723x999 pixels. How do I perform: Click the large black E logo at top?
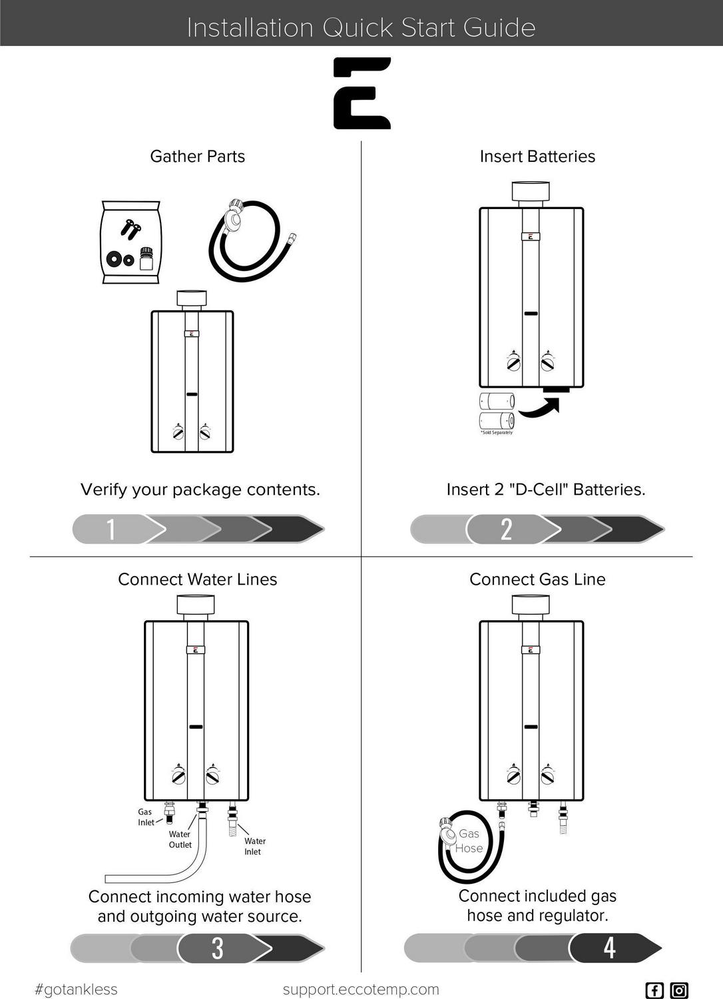pos(361,93)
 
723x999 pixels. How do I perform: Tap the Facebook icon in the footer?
pos(654,990)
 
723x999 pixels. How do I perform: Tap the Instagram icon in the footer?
pos(679,990)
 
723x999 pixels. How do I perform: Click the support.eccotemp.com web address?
pos(361,989)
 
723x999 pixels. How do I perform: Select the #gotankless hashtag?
pos(76,990)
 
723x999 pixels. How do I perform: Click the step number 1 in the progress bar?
pos(111,529)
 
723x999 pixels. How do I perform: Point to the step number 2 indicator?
pos(506,529)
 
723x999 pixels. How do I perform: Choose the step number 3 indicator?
pos(218,948)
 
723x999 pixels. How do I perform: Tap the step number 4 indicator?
pos(609,948)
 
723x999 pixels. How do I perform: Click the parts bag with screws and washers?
pos(130,242)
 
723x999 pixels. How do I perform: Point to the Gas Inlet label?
pos(146,817)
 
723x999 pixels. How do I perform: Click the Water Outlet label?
pos(180,839)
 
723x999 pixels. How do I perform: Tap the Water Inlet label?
pos(254,846)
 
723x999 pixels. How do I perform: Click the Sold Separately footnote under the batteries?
pos(497,433)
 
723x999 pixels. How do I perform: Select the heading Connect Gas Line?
pos(537,579)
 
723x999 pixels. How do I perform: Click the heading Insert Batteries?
pos(537,157)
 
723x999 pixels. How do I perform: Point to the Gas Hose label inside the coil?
pos(469,841)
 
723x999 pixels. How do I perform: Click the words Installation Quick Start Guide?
pos(361,28)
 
